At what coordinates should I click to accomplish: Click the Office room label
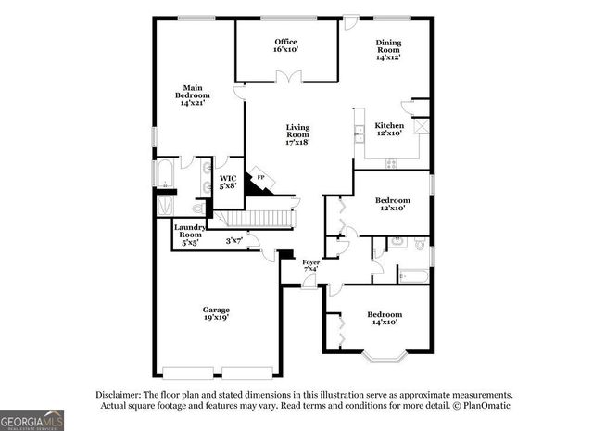[284, 45]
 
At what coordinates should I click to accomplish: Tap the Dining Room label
[387, 50]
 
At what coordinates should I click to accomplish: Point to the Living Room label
[297, 134]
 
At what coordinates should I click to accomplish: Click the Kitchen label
[388, 129]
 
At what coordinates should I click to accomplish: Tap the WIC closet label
[228, 181]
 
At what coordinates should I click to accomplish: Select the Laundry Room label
[190, 235]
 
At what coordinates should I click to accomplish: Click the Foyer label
[311, 266]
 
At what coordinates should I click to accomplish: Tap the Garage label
[217, 313]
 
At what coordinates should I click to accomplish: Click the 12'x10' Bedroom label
[392, 205]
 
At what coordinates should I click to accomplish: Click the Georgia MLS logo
[32, 419]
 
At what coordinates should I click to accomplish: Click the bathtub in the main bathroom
[168, 173]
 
